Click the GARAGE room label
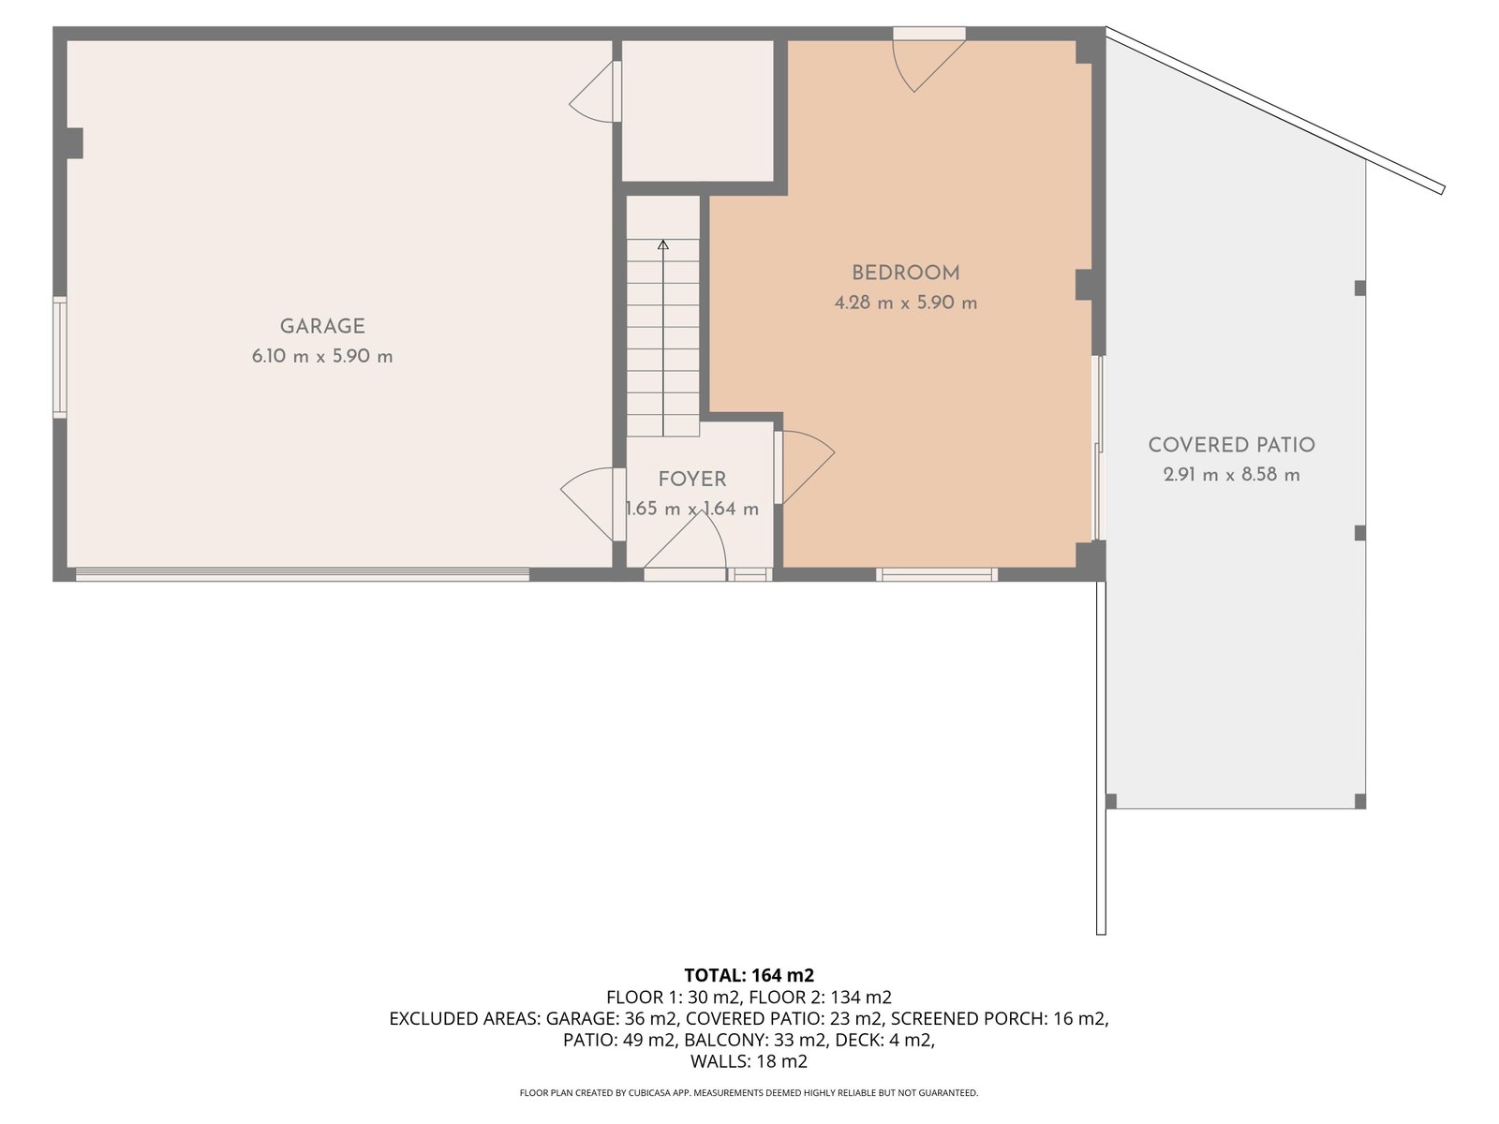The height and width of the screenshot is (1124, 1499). click(x=322, y=326)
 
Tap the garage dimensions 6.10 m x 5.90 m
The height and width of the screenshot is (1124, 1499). click(x=322, y=357)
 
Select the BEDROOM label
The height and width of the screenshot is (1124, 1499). click(x=905, y=273)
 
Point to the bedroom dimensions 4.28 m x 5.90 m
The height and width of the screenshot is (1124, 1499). click(x=905, y=303)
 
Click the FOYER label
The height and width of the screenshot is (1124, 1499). click(x=692, y=480)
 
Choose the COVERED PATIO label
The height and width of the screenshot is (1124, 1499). click(x=1231, y=445)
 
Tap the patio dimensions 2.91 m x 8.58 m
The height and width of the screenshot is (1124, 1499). click(x=1231, y=475)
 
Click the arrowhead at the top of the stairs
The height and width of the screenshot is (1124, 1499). click(x=663, y=244)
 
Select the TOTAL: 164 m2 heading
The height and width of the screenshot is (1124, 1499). click(x=749, y=975)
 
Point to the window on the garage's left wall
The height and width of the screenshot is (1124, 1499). click(x=60, y=357)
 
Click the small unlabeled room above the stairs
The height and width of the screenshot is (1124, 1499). click(x=697, y=111)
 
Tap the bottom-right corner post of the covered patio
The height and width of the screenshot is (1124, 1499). click(x=1360, y=802)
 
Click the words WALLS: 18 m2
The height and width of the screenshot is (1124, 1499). click(x=749, y=1061)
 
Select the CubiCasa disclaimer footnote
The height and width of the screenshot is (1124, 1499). click(x=749, y=1093)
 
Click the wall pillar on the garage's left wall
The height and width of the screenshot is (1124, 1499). click(x=74, y=143)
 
